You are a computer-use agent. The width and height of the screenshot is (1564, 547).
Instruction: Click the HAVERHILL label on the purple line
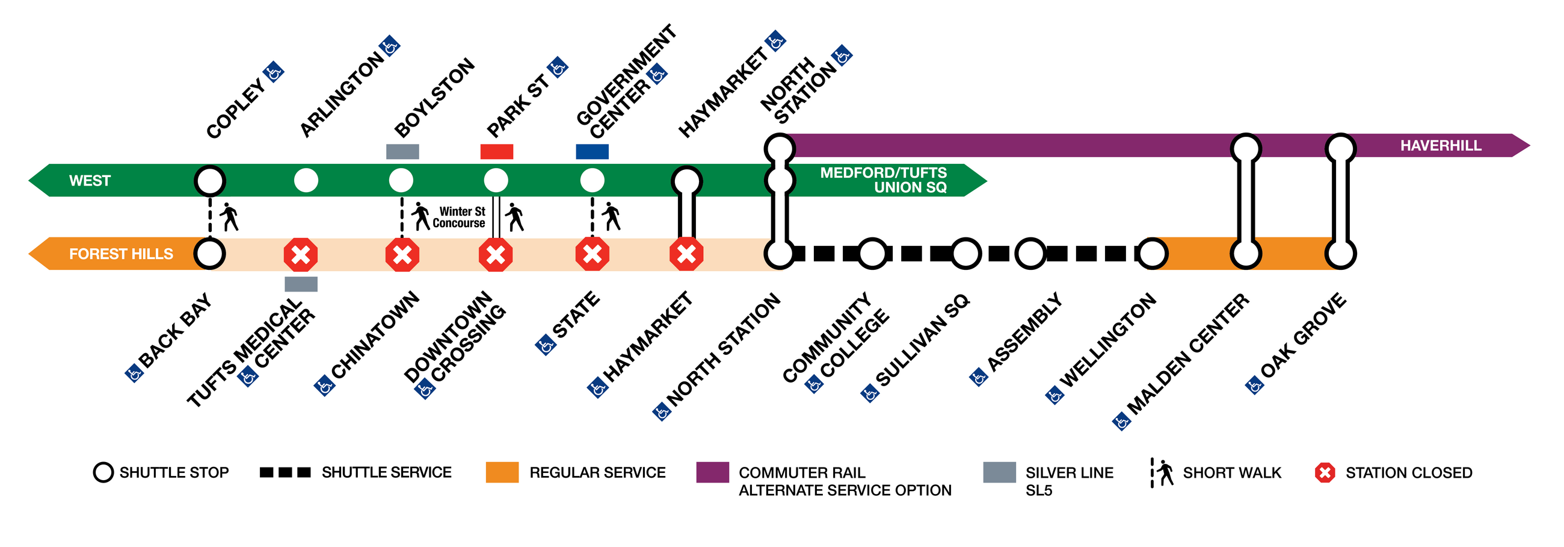pyautogui.click(x=1440, y=146)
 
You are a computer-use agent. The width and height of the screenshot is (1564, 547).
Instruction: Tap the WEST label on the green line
pyautogui.click(x=90, y=181)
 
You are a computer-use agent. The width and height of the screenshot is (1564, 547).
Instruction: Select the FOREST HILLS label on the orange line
pyautogui.click(x=121, y=254)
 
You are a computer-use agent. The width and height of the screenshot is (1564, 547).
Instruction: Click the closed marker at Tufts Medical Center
pyautogui.click(x=301, y=255)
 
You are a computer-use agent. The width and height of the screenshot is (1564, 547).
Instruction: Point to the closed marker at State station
pyautogui.click(x=592, y=255)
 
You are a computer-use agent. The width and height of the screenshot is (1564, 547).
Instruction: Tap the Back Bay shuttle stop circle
pyautogui.click(x=210, y=254)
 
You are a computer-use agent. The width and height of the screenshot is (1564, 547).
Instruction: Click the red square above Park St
pyautogui.click(x=497, y=152)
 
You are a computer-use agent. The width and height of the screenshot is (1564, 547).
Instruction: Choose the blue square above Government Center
pyautogui.click(x=592, y=152)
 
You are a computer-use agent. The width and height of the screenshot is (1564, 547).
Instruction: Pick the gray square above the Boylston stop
pyautogui.click(x=402, y=152)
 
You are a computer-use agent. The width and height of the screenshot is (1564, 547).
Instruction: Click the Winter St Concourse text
pyautogui.click(x=460, y=217)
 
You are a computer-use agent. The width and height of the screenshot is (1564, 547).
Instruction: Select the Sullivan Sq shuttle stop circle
pyautogui.click(x=965, y=254)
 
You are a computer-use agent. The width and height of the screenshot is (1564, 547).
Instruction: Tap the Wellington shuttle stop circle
pyautogui.click(x=1153, y=254)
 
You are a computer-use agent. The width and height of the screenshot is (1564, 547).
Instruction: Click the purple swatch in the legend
pyautogui.click(x=712, y=472)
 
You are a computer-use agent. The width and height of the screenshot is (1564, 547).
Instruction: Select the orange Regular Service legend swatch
pyautogui.click(x=502, y=472)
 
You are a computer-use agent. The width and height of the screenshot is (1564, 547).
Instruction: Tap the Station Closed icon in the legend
pyautogui.click(x=1325, y=472)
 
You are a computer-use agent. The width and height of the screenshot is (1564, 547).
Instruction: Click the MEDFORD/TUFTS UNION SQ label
pyautogui.click(x=884, y=181)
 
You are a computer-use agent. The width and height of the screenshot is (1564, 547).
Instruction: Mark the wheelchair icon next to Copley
pyautogui.click(x=274, y=72)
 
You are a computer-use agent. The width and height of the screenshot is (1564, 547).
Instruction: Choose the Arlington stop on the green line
pyautogui.click(x=306, y=181)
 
